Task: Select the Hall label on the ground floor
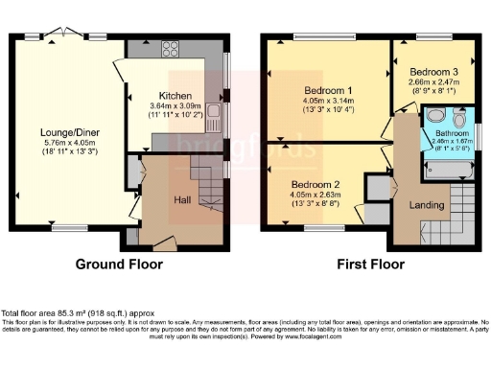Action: (182, 199)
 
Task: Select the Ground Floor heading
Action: (121, 264)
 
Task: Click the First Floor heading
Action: (366, 264)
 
